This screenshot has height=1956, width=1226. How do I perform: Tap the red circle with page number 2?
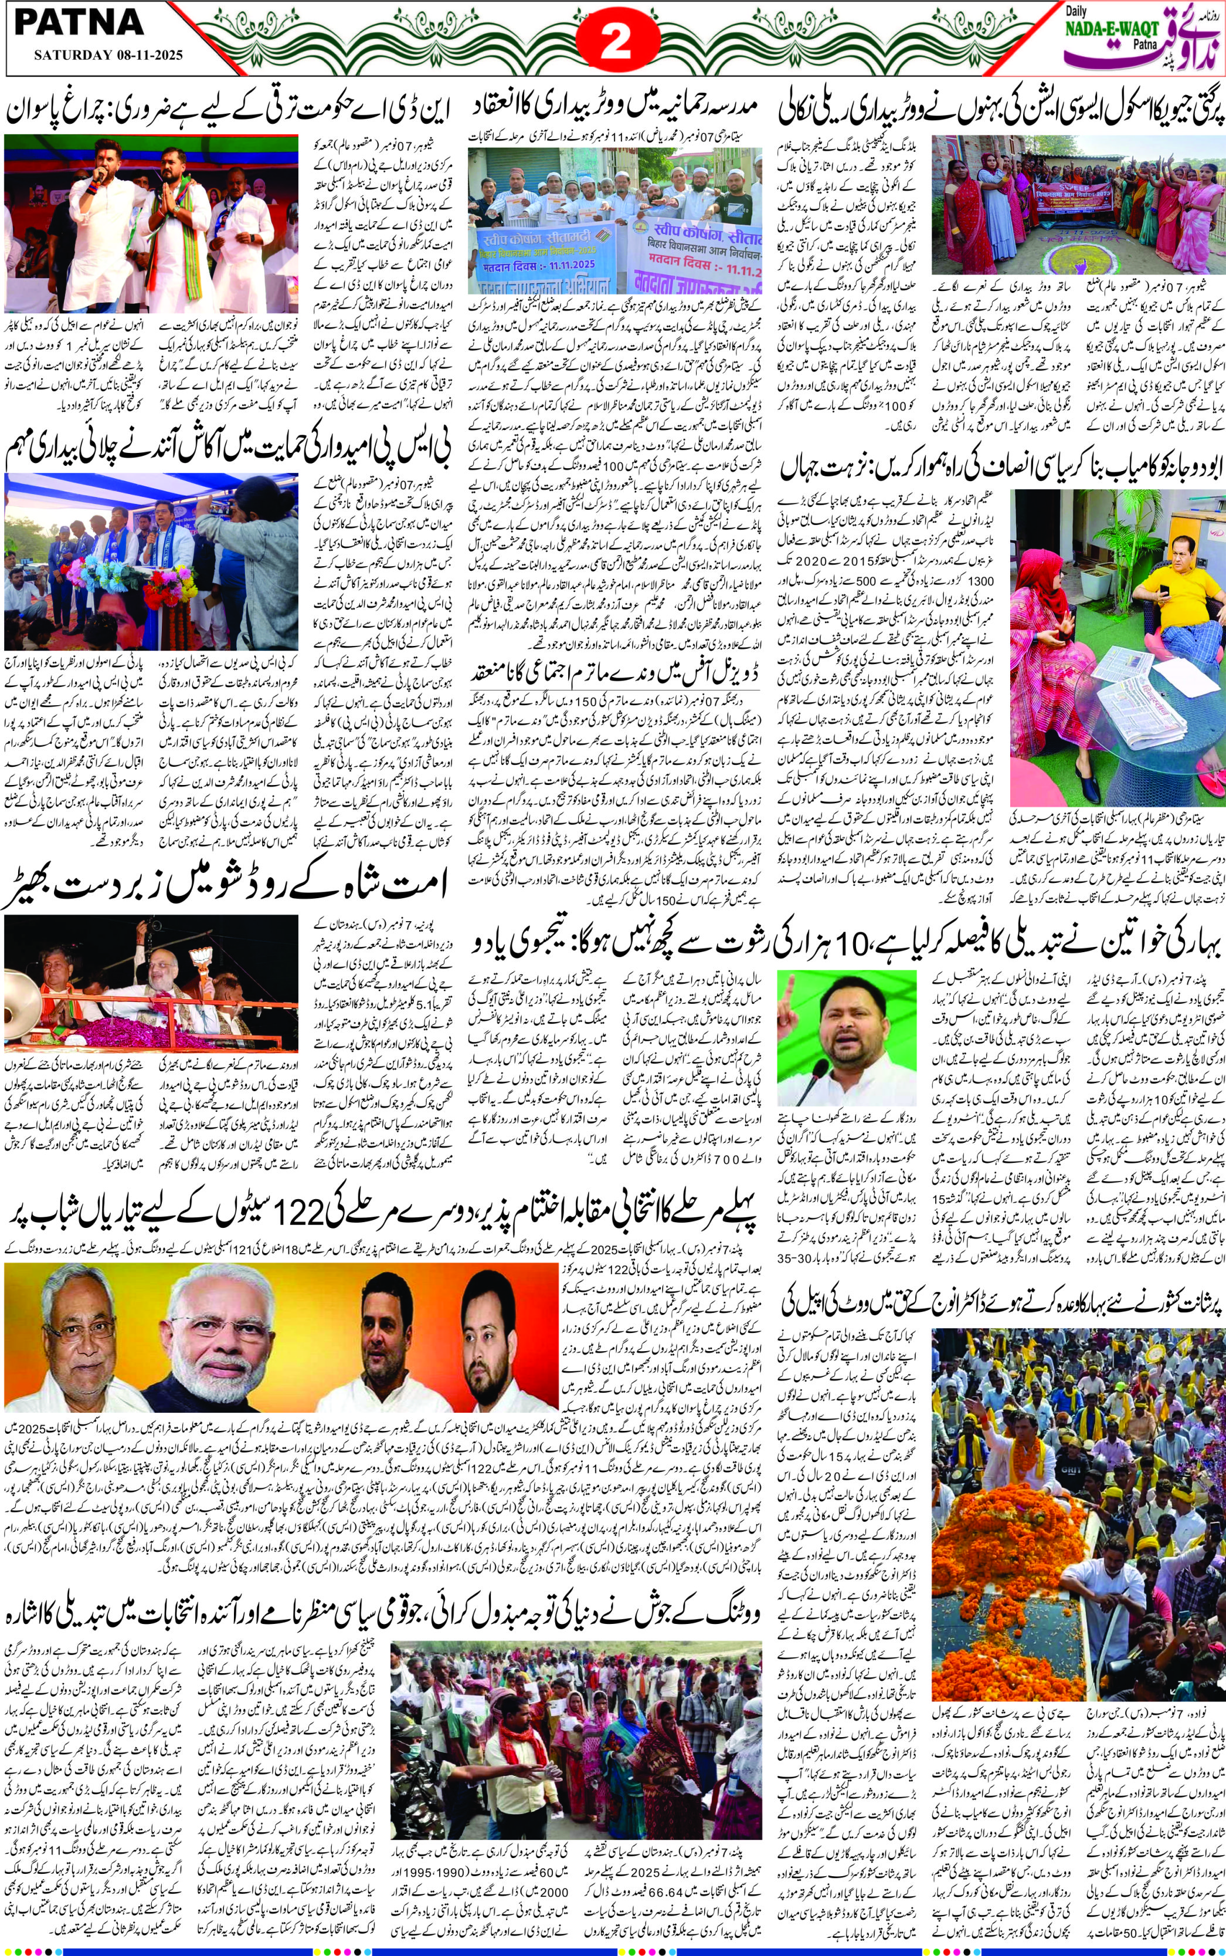point(616,42)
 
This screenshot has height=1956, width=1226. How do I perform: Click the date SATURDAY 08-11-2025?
point(107,56)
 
